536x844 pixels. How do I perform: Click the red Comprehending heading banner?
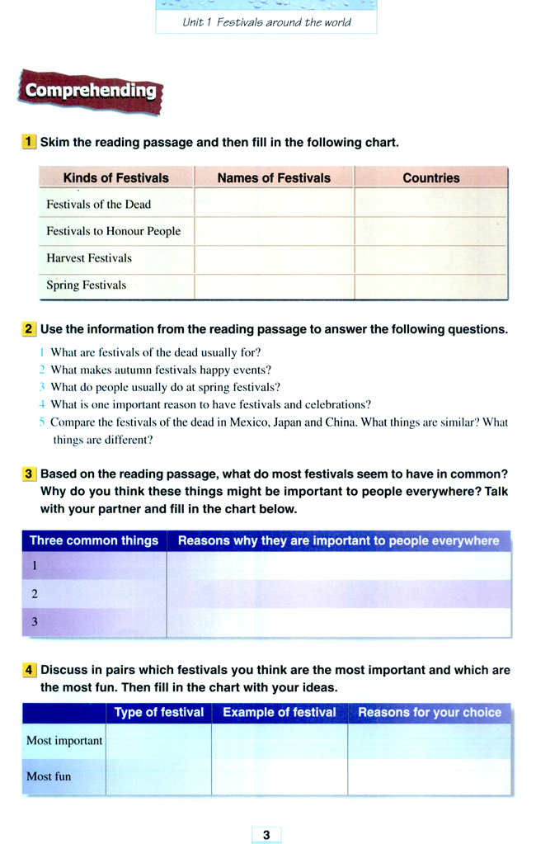(91, 92)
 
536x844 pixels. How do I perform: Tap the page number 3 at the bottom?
(266, 835)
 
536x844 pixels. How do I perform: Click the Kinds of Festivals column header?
(115, 177)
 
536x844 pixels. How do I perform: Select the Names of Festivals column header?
(274, 177)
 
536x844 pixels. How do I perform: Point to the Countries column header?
(431, 177)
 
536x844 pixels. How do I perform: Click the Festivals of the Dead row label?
(99, 204)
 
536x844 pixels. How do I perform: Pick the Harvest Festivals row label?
(89, 258)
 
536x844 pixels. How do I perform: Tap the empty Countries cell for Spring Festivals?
(431, 285)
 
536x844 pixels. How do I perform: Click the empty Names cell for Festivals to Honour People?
(274, 231)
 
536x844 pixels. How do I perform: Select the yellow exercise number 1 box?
(29, 142)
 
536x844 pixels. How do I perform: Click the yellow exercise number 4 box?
(29, 670)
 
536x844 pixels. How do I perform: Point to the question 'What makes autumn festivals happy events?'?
(161, 370)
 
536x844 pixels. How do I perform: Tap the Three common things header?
(94, 541)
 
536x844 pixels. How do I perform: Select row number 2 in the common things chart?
(35, 594)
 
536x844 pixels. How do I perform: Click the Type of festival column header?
(159, 713)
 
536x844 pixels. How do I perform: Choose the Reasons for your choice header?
(430, 713)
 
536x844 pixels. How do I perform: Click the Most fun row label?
(49, 776)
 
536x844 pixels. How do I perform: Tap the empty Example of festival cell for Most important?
(279, 741)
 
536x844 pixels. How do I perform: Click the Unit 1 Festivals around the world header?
(266, 22)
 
